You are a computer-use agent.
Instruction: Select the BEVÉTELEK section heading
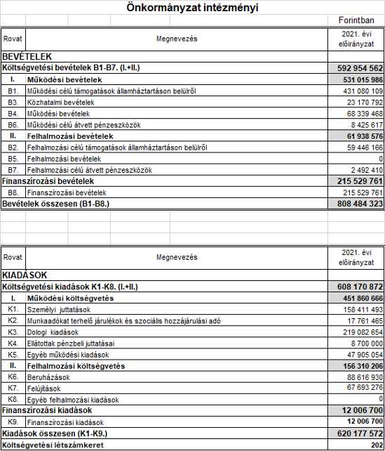coord(28,56)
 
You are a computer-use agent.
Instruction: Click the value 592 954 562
coord(356,68)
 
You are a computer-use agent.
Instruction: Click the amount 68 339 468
coord(359,114)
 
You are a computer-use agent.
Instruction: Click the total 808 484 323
coord(356,204)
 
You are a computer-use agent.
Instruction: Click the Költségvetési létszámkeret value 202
coord(376,445)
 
